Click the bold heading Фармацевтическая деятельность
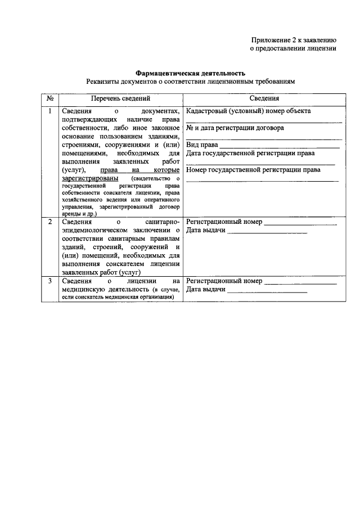(191, 73)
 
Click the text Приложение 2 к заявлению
(293, 39)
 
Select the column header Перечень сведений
(120, 98)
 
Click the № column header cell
(49, 98)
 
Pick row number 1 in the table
(49, 111)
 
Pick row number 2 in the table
(49, 222)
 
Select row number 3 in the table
(49, 280)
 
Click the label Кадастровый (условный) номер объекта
(248, 111)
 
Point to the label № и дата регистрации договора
(235, 128)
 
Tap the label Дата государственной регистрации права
(250, 153)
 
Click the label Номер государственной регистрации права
(253, 170)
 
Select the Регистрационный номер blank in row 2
(300, 223)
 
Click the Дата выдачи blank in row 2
(267, 232)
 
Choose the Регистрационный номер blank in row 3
(300, 281)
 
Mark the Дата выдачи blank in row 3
(267, 291)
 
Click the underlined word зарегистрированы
(89, 178)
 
